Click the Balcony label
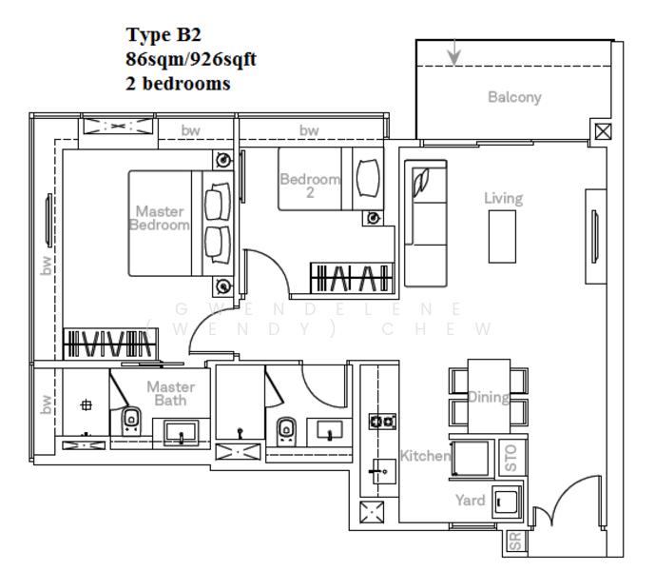(x=514, y=97)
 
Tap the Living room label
(x=503, y=198)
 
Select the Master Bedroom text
(x=159, y=218)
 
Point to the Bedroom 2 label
(x=309, y=186)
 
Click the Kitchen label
(x=424, y=456)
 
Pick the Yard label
(x=470, y=501)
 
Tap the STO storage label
(x=511, y=461)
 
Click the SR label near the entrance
(x=514, y=543)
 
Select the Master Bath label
(x=171, y=394)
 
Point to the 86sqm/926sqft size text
(x=191, y=59)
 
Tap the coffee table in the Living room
(x=502, y=236)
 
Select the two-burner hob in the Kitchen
(x=383, y=421)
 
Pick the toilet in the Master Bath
(x=131, y=420)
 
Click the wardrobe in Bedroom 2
(x=351, y=278)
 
